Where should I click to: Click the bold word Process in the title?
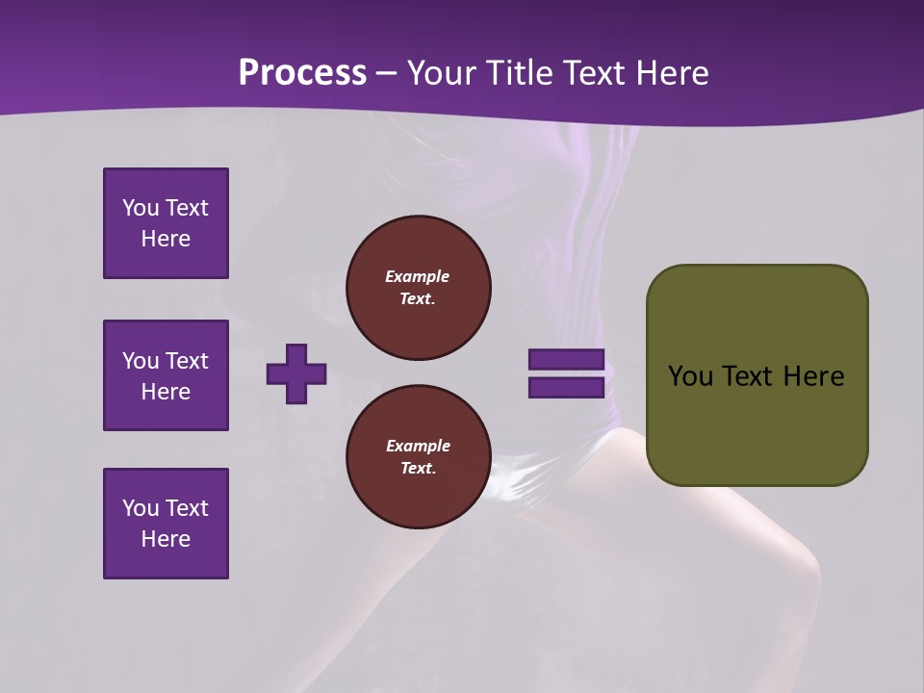[x=302, y=73]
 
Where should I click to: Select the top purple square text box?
[x=166, y=223]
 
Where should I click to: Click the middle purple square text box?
[x=166, y=375]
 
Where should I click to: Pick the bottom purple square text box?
[x=166, y=524]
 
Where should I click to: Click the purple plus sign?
[x=296, y=373]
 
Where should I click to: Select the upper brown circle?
[x=418, y=288]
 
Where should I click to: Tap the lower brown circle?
[x=418, y=457]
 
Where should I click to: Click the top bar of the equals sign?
[x=566, y=360]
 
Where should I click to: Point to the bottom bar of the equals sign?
[x=566, y=388]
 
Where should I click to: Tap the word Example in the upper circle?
[x=417, y=276]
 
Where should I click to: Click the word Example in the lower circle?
[x=418, y=446]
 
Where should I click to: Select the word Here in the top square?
[x=166, y=239]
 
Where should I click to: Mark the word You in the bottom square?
[x=140, y=508]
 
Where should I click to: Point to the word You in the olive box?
[x=690, y=376]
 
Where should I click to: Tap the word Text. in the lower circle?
[x=418, y=469]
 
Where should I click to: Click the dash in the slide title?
[x=387, y=73]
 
